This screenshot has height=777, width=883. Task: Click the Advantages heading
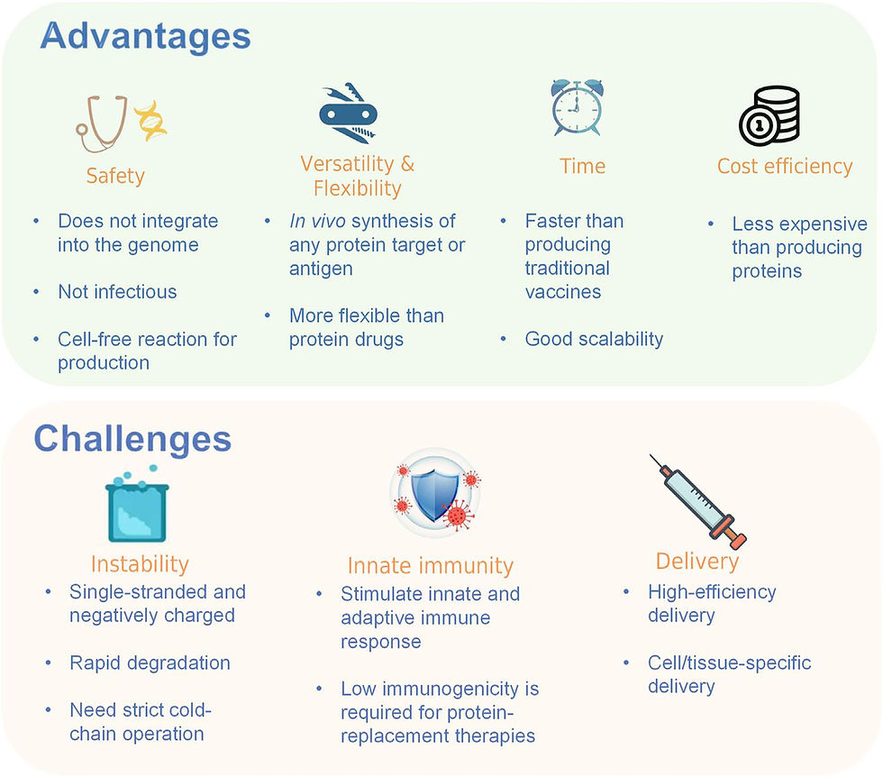(x=145, y=37)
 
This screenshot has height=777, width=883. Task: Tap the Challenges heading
(x=132, y=439)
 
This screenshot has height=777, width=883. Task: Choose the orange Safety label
(x=115, y=175)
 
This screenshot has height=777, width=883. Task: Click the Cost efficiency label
(x=784, y=166)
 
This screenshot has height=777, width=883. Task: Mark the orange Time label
(x=582, y=166)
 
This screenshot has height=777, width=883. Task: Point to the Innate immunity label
(x=431, y=566)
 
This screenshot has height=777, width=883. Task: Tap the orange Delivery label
(x=697, y=562)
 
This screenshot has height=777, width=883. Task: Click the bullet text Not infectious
(x=117, y=292)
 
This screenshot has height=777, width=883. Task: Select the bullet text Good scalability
(x=594, y=339)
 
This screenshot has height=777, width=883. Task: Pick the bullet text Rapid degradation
(x=150, y=663)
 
